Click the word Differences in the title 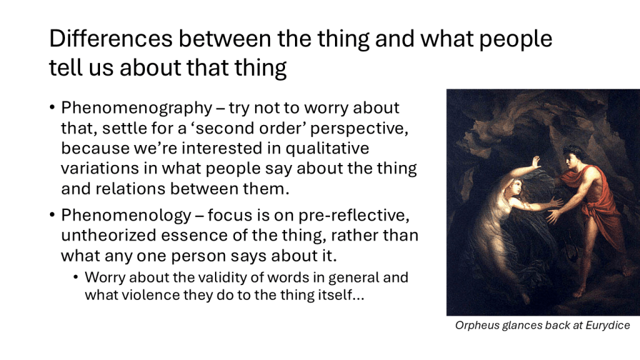[111, 39]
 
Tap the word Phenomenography [137, 108]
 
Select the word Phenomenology [126, 216]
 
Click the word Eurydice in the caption [607, 326]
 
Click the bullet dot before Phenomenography [52, 107]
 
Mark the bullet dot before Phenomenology [52, 215]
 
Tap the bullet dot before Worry [76, 277]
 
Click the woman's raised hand [535, 162]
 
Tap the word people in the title [516, 39]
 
